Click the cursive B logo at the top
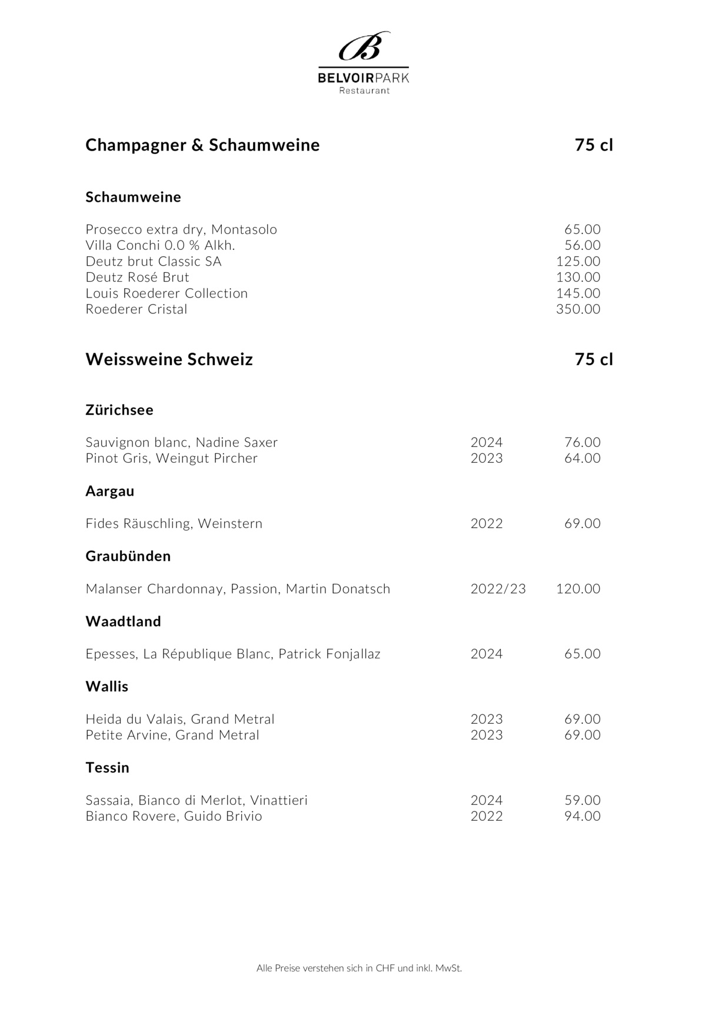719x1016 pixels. pyautogui.click(x=364, y=46)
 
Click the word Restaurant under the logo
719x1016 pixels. pyautogui.click(x=364, y=91)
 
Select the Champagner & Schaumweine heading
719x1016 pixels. pyautogui.click(x=202, y=145)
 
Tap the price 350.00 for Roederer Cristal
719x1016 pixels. pyautogui.click(x=578, y=309)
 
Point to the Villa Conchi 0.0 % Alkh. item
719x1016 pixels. pyautogui.click(x=160, y=245)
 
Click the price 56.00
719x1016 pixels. pyautogui.click(x=582, y=245)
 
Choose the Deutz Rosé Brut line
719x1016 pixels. pyautogui.click(x=137, y=277)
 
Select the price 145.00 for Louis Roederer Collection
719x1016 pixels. pyautogui.click(x=578, y=293)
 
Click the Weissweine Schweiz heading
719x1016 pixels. pyautogui.click(x=169, y=359)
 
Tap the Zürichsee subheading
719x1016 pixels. pyautogui.click(x=119, y=410)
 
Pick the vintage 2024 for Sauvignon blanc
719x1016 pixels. pyautogui.click(x=487, y=442)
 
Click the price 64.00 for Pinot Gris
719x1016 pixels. pyautogui.click(x=582, y=458)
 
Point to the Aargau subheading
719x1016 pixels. pyautogui.click(x=110, y=491)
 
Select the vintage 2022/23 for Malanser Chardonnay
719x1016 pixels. pyautogui.click(x=498, y=589)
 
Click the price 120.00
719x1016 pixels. pyautogui.click(x=578, y=589)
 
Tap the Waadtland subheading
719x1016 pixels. pyautogui.click(x=123, y=621)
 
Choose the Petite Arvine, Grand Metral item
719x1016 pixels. pyautogui.click(x=172, y=735)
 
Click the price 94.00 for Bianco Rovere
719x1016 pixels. pyautogui.click(x=582, y=816)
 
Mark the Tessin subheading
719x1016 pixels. pyautogui.click(x=107, y=767)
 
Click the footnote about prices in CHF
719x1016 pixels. pyautogui.click(x=359, y=968)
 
